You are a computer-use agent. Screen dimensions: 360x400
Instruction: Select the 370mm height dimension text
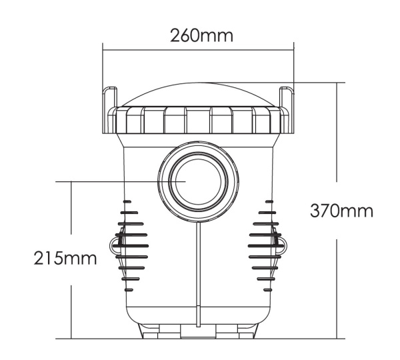[341, 211]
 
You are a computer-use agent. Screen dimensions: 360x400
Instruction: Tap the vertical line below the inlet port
[197, 273]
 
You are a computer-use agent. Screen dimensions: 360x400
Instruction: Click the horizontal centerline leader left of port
[107, 181]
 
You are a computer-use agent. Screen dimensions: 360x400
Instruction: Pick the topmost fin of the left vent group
[127, 201]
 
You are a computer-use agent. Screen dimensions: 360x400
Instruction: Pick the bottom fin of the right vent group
[267, 290]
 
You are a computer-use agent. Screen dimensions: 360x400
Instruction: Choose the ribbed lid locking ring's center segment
[198, 120]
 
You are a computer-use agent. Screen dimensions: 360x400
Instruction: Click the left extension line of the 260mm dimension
[103, 67]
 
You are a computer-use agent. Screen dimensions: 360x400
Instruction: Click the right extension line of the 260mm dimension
[294, 67]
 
